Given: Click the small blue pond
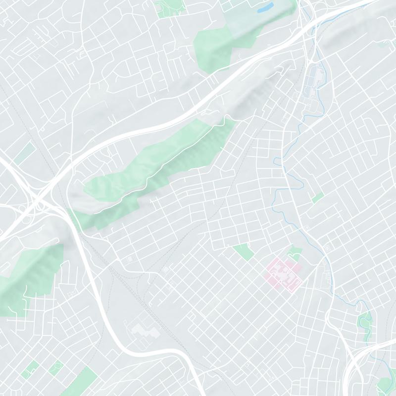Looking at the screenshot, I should coord(265,7).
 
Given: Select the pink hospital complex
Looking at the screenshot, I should coord(284,273).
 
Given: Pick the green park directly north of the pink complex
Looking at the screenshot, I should coord(296,252).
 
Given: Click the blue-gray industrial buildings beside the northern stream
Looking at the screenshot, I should coord(315,82).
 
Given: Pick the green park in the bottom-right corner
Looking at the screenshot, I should coord(385,384).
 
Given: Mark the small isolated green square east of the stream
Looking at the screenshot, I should coord(318,198).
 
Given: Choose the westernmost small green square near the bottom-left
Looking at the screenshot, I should coord(32,368).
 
